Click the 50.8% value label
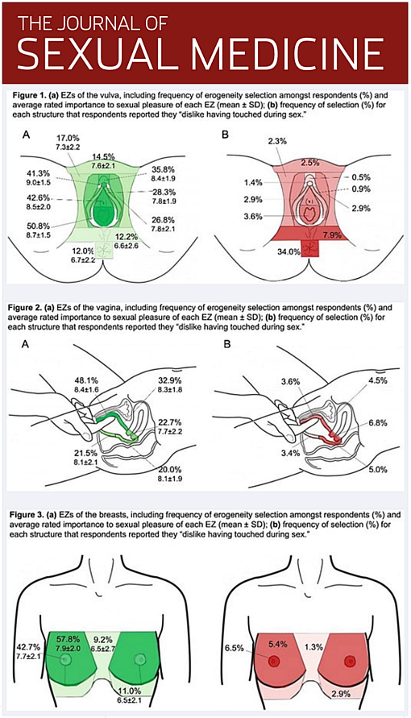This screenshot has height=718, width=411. click(x=39, y=225)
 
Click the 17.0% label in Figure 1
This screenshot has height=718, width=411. click(x=68, y=138)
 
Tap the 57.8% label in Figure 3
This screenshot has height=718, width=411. click(x=68, y=638)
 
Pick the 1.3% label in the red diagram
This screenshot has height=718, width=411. click(x=314, y=646)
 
